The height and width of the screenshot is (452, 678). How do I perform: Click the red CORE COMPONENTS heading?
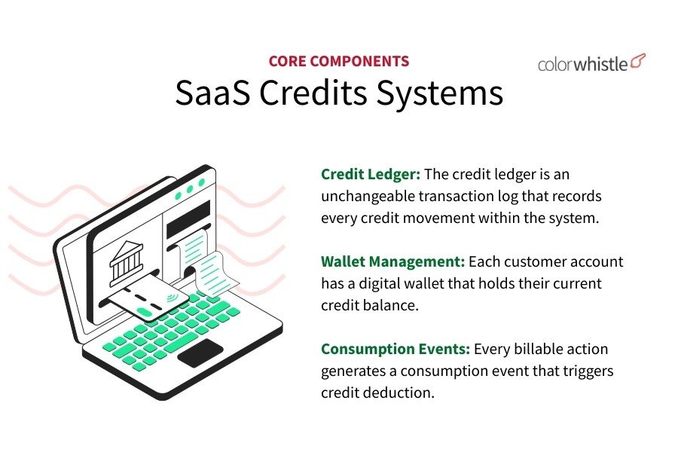pyautogui.click(x=339, y=62)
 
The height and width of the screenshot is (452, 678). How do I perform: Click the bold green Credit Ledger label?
pyautogui.click(x=370, y=174)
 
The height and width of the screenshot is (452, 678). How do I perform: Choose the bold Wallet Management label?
pyautogui.click(x=392, y=261)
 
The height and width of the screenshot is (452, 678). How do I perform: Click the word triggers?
pyautogui.click(x=588, y=371)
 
